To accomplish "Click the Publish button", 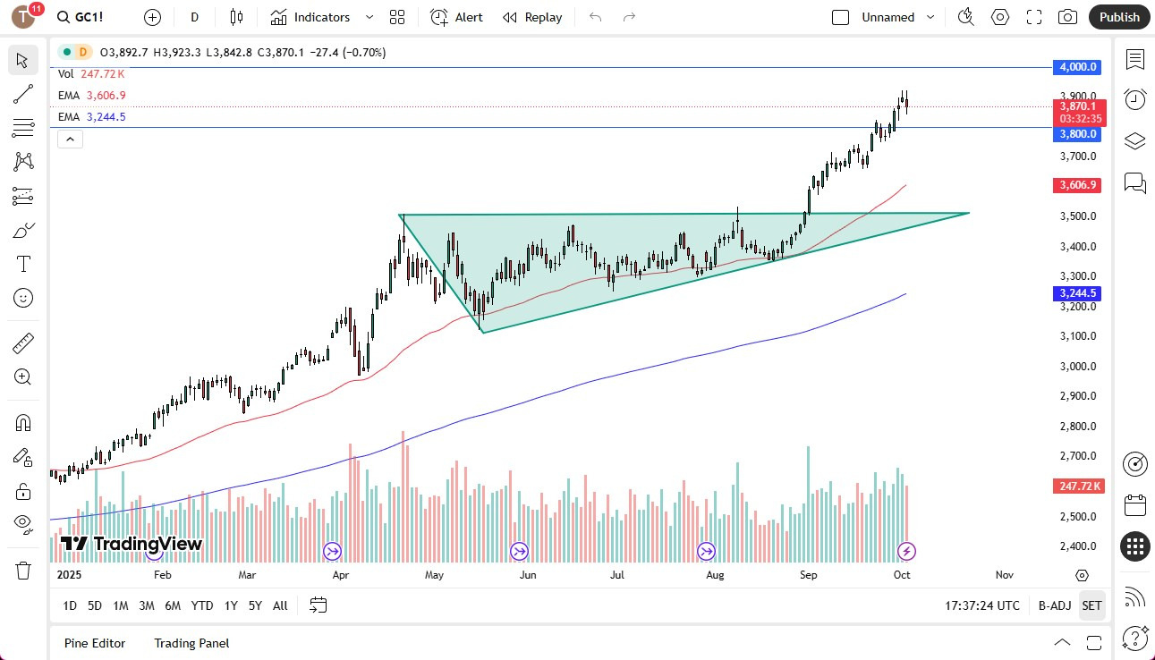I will [x=1119, y=17].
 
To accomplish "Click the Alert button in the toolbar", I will [x=456, y=17].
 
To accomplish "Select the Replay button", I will [x=532, y=17].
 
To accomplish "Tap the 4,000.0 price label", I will [x=1079, y=67].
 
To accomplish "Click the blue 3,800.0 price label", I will [x=1079, y=134].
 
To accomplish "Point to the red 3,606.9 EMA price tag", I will [x=1079, y=185].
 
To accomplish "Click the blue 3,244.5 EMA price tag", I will [x=1079, y=293].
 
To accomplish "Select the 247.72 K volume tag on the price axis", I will [x=1079, y=486].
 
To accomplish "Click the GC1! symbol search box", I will [x=87, y=17].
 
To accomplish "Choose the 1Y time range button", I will [x=231, y=605].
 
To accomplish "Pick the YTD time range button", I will [x=202, y=605].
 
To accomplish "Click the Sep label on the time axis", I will [x=808, y=575].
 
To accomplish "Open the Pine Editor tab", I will [x=95, y=643].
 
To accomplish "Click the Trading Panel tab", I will [x=191, y=643].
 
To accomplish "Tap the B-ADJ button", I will [x=1055, y=605].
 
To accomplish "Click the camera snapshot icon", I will [x=1067, y=17].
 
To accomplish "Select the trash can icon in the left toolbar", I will [x=23, y=570].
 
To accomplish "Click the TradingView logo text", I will [x=132, y=544].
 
